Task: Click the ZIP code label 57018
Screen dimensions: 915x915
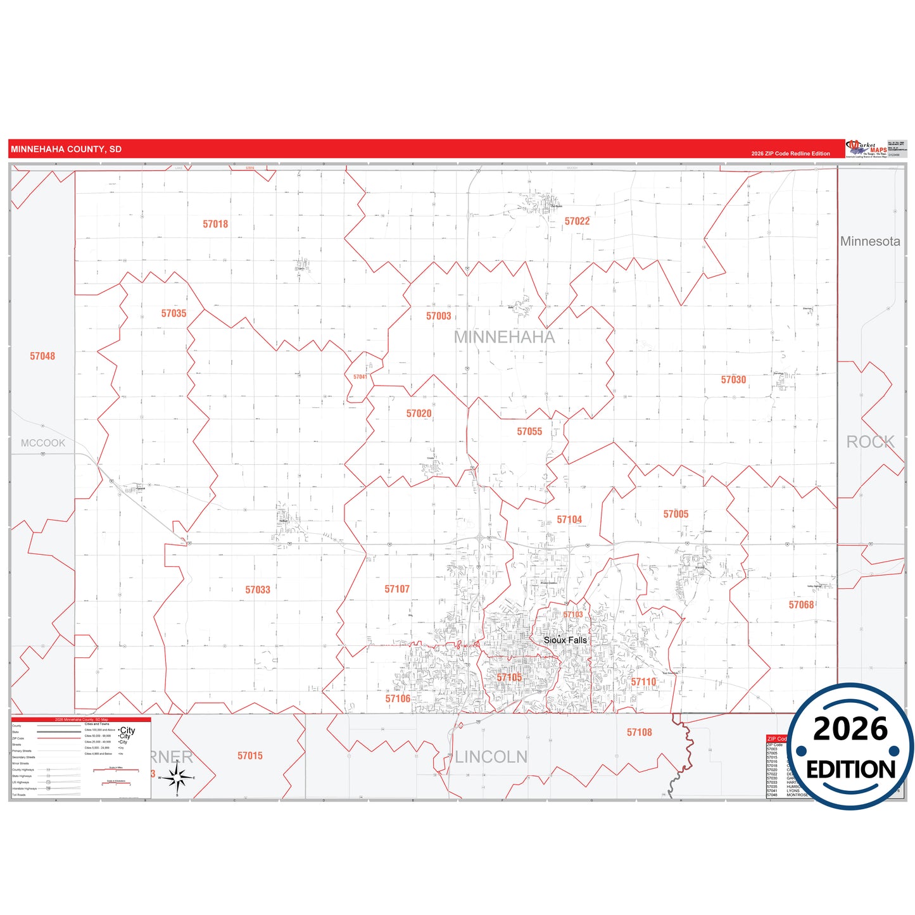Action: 215,224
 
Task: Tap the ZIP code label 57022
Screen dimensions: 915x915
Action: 577,221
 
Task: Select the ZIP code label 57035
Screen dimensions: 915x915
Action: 174,313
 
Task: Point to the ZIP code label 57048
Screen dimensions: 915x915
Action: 42,357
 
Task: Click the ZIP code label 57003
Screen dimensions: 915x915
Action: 438,316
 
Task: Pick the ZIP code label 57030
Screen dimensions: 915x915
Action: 733,380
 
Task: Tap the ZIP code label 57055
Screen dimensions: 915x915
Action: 529,432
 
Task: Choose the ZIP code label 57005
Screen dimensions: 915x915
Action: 676,514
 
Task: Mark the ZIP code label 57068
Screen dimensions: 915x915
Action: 801,605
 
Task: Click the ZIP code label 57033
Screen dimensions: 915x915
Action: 258,590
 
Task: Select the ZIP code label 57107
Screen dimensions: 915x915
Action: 397,590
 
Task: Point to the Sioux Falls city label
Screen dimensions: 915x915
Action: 565,640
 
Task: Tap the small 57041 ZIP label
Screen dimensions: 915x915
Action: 360,377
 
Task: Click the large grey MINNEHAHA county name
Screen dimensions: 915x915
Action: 504,338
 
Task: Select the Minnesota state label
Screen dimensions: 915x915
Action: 869,241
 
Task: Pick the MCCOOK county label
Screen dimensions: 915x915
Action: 43,443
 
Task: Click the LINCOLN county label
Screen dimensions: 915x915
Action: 491,757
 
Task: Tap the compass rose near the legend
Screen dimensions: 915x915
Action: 177,777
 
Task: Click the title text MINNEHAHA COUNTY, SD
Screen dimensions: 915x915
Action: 66,149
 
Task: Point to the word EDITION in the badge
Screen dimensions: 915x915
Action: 850,769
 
